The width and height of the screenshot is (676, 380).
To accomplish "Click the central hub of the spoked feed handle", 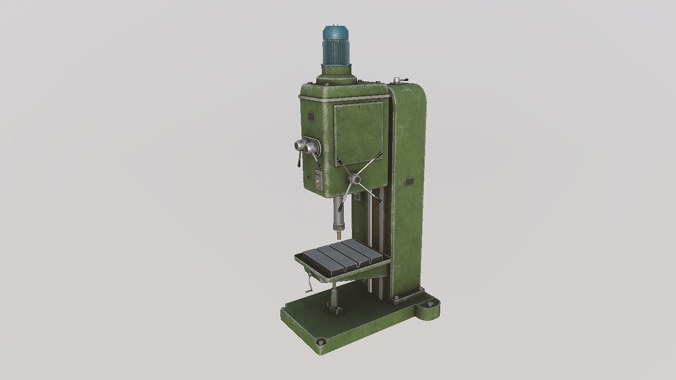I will [x=353, y=179].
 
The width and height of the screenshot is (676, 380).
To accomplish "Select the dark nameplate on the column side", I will [x=409, y=182].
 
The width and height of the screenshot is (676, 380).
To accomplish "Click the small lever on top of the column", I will [x=400, y=81].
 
